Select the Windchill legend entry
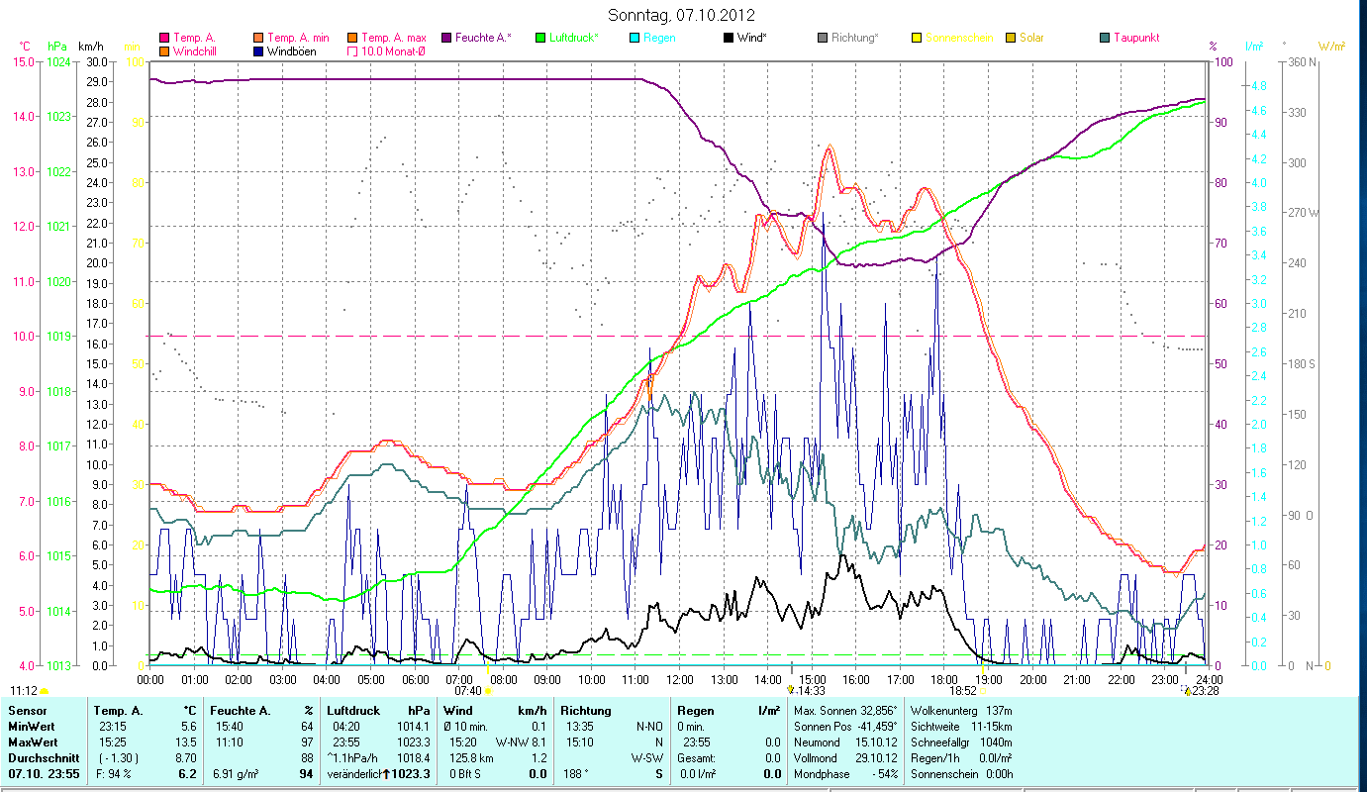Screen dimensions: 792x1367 pos(200,50)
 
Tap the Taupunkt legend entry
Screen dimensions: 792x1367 pos(1135,38)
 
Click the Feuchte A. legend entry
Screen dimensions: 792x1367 pos(482,38)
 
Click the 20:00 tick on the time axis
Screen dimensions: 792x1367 pos(1033,679)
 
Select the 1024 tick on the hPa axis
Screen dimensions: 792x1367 pos(58,61)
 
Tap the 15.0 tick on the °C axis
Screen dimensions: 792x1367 pos(23,61)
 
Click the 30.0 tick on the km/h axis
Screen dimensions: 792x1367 pos(97,61)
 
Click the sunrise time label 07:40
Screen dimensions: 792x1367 pos(467,691)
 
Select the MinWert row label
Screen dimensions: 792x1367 pos(31,726)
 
